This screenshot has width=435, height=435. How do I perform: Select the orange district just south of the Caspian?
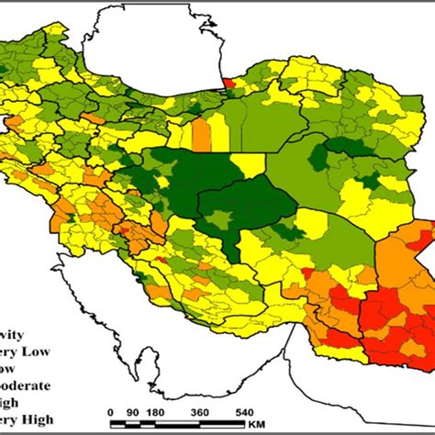pyautogui.click(x=201, y=132)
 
